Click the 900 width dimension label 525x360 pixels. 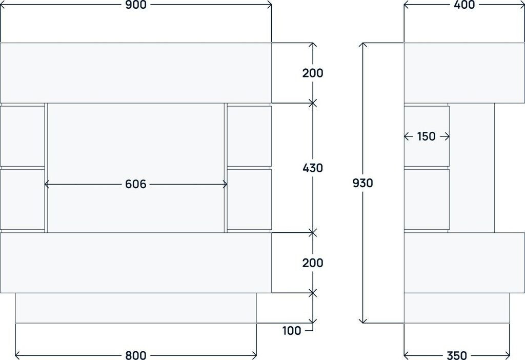tap(136, 5)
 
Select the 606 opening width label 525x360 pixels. tap(136, 184)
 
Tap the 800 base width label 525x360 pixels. tap(136, 355)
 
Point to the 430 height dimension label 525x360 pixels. tap(313, 168)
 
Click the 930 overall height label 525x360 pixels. tap(363, 183)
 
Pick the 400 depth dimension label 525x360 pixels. tap(465, 5)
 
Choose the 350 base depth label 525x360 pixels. tap(457, 355)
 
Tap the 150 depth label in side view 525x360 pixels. tap(426, 136)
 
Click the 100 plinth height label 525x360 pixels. tap(292, 331)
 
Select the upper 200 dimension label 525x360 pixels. tap(313, 73)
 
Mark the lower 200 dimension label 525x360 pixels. tap(313, 263)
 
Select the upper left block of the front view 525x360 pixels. tap(23, 136)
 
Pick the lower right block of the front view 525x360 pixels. tap(249, 200)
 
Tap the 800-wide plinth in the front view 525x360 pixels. tap(136, 308)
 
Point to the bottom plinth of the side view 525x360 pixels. tap(457, 308)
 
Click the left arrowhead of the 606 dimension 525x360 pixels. tap(47, 184)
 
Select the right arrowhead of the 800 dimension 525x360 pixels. tap(255, 355)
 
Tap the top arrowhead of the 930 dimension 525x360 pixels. tap(363, 45)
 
